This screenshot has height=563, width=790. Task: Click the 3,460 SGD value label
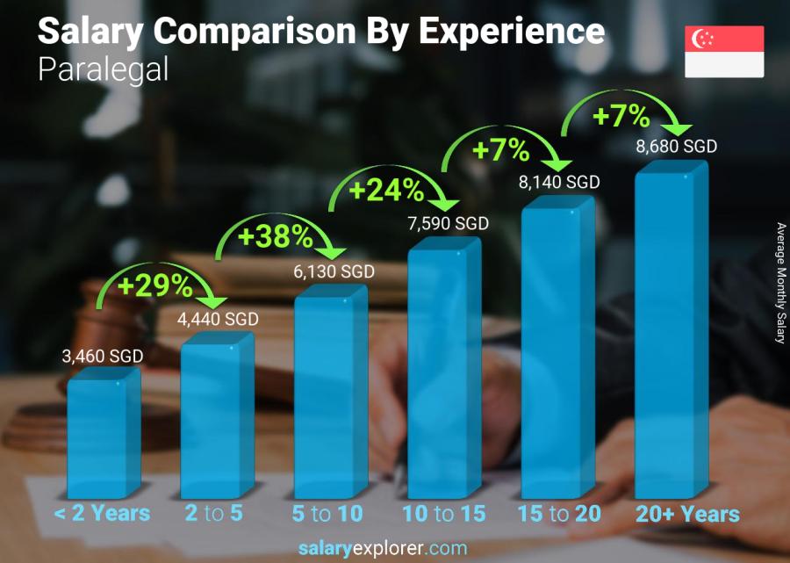(x=102, y=357)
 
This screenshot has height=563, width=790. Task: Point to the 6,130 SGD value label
(x=334, y=272)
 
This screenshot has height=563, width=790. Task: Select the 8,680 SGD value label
(x=676, y=146)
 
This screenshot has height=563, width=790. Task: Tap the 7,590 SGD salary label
(x=448, y=224)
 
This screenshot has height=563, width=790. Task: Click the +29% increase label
(x=154, y=285)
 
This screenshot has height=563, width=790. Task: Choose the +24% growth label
(x=387, y=189)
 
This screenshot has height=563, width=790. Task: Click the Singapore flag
(x=724, y=52)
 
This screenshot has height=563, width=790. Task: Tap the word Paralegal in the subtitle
(x=103, y=70)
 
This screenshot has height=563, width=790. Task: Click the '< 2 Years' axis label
(x=102, y=513)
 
